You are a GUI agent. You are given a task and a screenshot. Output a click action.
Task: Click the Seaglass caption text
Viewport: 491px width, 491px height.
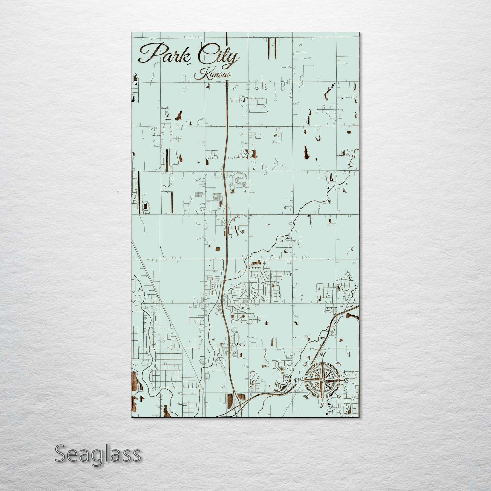tap(98, 454)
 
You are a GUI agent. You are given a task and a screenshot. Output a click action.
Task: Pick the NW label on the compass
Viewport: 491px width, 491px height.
tap(305, 365)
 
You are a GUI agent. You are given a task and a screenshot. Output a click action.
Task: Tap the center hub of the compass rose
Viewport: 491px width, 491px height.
tap(322, 380)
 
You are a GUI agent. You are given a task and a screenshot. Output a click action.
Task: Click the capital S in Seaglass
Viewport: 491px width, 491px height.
tap(60, 454)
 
